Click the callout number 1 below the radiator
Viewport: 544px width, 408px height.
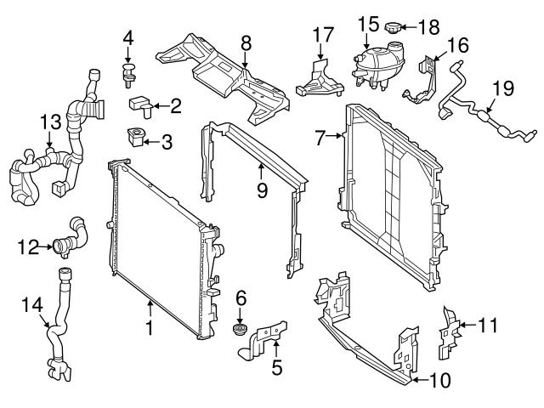(150, 326)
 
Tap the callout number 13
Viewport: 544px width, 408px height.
(50, 124)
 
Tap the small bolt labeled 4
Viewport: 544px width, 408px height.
(128, 71)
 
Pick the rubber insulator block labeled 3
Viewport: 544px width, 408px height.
(135, 138)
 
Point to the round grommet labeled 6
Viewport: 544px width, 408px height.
(241, 330)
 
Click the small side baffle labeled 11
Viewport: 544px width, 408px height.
(450, 333)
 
